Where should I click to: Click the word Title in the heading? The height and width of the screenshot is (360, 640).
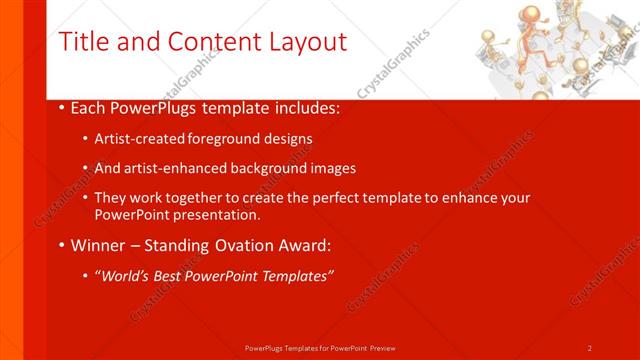point(83,42)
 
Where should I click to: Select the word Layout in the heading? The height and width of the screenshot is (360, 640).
point(300,42)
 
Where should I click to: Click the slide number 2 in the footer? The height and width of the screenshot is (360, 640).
point(590,348)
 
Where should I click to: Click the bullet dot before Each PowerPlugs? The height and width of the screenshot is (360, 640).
point(62,108)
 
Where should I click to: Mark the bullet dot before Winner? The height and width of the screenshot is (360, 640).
point(62,245)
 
